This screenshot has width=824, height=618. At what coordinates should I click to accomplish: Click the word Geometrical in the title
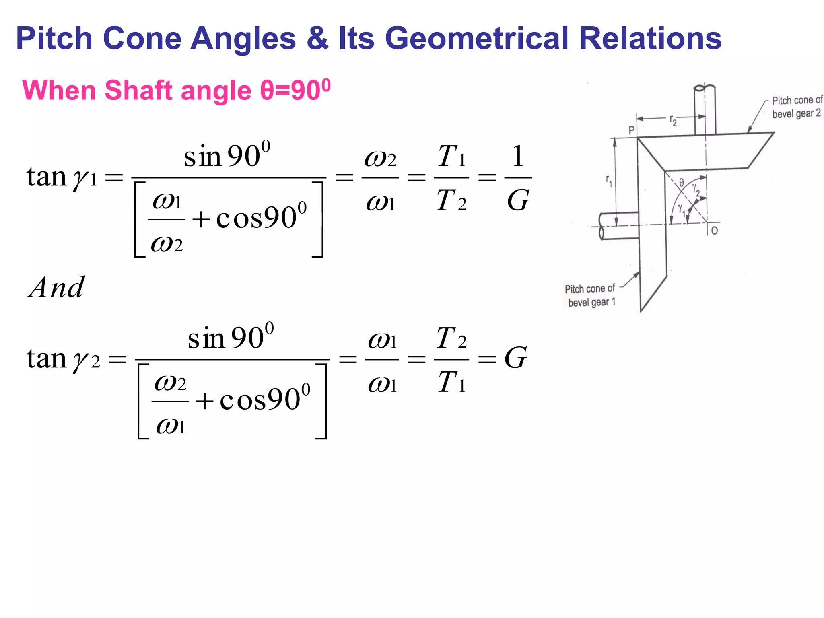tap(476, 39)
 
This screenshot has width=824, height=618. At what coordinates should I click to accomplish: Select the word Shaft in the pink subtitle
tap(139, 90)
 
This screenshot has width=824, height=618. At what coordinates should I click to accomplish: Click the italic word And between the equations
tap(57, 287)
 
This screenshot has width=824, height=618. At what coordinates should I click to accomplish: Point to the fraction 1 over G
tap(518, 178)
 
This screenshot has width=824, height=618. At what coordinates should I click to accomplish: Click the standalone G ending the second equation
tap(515, 358)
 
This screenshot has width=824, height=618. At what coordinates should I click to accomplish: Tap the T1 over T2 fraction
tap(451, 178)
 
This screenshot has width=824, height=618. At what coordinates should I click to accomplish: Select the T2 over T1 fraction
tap(451, 359)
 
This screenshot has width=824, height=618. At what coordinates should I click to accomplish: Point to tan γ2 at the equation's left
tap(63, 358)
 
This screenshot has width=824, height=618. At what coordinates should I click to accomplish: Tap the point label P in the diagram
tap(632, 130)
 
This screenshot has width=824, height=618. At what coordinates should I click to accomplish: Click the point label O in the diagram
tap(715, 231)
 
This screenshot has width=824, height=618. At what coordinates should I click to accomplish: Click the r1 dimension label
tap(609, 181)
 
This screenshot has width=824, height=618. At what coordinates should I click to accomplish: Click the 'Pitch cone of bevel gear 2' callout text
tap(797, 107)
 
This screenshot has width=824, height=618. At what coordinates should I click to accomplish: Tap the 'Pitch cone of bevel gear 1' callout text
tap(591, 295)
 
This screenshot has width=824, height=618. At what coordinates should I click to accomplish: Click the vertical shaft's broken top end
tap(705, 88)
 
